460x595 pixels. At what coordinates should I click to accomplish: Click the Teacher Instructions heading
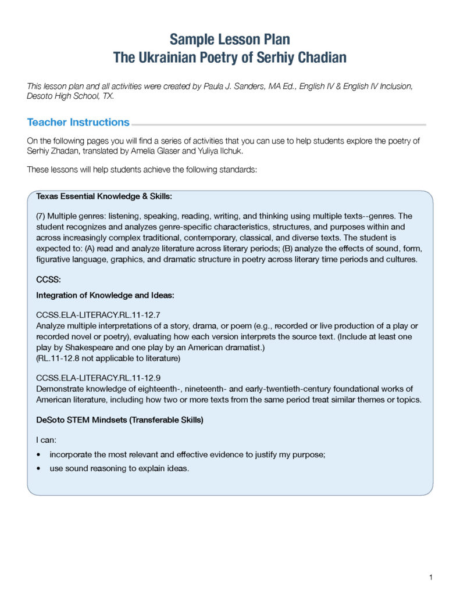pos(78,123)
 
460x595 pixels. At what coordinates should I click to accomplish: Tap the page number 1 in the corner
pos(430,577)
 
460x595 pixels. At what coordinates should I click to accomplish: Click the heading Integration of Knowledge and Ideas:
pos(105,295)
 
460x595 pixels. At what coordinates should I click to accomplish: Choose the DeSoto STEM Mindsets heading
pos(119,420)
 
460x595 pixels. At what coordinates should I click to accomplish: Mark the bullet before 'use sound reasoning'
pos(38,468)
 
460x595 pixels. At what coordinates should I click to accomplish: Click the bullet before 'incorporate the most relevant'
pos(38,455)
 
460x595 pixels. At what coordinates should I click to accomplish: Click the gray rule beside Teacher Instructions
pos(279,124)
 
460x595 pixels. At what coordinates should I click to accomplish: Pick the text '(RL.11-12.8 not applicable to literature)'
pos(108,358)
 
